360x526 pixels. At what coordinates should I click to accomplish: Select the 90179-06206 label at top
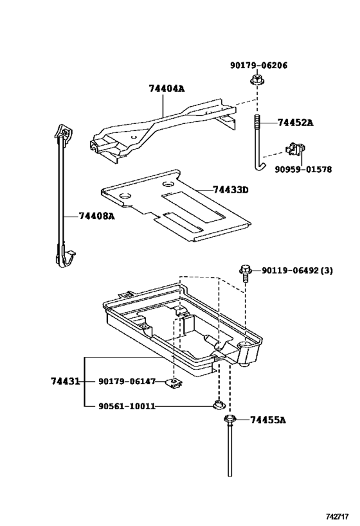pos(258,65)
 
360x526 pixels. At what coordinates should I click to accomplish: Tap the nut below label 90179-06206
pos(257,80)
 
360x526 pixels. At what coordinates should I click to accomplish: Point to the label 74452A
pos(295,122)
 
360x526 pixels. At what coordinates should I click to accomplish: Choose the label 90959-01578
pos(303,170)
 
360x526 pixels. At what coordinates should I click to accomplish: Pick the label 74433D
pos(230,190)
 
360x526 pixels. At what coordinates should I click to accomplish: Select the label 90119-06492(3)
pos(297,270)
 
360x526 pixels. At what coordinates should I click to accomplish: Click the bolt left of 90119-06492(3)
pos(245,272)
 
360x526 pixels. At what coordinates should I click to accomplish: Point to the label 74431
pos(65,381)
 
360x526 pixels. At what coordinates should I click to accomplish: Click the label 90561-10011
pos(127,407)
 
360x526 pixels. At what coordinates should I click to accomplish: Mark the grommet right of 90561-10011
pos(219,405)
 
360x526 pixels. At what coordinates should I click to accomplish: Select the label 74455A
pos(267,420)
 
